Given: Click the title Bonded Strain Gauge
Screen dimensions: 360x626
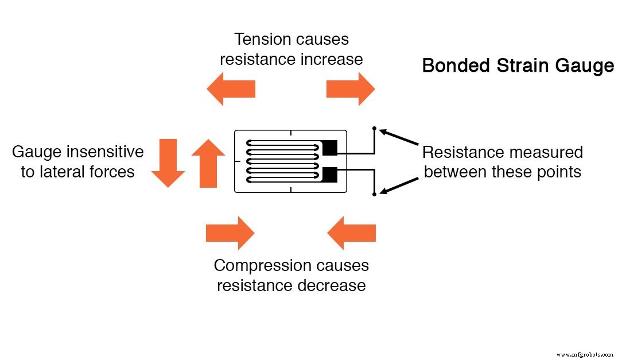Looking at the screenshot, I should click(518, 65).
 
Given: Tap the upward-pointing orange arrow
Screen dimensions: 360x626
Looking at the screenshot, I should click(208, 164).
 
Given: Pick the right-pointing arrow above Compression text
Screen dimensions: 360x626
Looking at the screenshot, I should click(230, 233).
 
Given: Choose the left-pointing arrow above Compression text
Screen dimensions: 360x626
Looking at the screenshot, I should click(351, 233).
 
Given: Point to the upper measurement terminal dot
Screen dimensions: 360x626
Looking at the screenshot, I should click(374, 128).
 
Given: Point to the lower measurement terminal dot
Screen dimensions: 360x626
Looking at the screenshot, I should click(374, 195).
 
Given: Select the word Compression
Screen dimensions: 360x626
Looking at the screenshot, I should click(263, 266).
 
